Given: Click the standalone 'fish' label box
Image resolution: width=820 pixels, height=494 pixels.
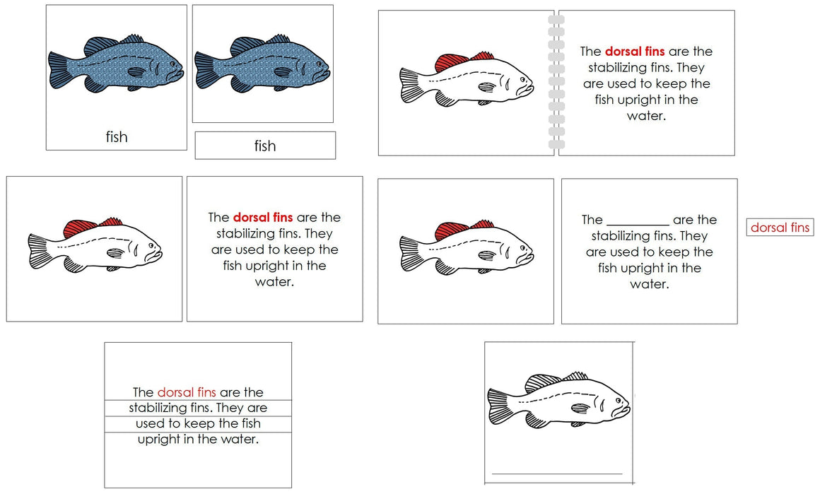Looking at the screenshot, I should point(265,146).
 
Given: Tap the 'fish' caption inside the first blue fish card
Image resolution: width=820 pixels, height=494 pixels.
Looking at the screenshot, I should point(117,136).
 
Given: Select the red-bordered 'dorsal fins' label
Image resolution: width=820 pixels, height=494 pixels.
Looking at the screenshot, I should point(780,227).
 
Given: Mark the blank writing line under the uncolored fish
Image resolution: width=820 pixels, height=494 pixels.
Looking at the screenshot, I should point(557,474).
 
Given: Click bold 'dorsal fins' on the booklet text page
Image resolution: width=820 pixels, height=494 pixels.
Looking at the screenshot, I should point(634,52).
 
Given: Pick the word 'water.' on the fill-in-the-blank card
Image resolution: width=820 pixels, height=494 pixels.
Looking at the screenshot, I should point(649,284).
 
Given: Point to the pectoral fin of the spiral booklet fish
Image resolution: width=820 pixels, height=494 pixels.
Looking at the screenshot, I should point(486,87).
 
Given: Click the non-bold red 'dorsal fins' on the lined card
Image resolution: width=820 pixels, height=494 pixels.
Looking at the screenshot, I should point(187,392).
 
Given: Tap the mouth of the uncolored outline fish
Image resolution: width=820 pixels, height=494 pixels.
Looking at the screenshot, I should point(626,407).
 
